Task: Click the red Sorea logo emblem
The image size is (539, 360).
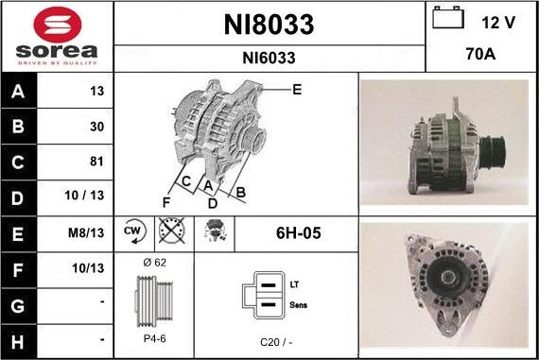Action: tap(58, 25)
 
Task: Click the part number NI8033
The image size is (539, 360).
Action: tap(269, 25)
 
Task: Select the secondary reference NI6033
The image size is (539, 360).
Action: tap(269, 58)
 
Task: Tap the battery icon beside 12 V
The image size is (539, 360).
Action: tap(448, 18)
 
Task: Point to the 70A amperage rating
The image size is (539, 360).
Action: tap(480, 54)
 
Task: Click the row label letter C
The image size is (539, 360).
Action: tap(18, 163)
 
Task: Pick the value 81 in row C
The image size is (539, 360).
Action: tap(96, 162)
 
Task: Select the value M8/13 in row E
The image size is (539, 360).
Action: tap(86, 232)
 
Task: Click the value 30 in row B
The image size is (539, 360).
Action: tap(97, 127)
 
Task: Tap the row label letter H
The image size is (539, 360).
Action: tap(18, 342)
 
